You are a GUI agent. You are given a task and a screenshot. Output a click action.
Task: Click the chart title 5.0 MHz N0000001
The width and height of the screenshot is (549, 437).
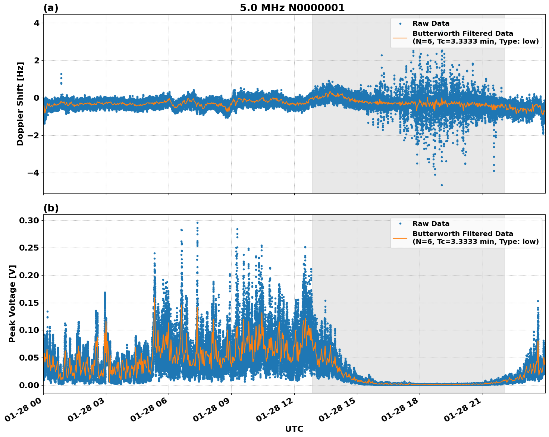click(292, 8)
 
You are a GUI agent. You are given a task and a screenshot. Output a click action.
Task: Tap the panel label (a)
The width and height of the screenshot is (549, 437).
click(51, 8)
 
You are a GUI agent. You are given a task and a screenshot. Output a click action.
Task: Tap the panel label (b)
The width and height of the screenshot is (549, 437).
click(51, 208)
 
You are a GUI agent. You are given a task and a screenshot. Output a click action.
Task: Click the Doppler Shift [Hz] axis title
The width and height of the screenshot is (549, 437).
click(20, 104)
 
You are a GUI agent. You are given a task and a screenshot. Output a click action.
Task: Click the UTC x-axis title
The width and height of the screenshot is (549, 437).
click(294, 429)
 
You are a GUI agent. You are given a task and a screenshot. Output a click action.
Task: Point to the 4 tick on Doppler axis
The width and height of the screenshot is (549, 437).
click(37, 23)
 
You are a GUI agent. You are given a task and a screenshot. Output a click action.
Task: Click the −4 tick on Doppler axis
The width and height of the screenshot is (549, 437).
click(34, 173)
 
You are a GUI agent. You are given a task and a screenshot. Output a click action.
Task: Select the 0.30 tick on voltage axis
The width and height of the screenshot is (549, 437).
click(29, 220)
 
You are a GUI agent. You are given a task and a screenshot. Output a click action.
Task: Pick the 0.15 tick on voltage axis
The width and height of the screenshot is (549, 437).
click(29, 303)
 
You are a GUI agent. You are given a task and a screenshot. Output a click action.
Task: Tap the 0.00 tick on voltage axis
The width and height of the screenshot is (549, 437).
click(29, 385)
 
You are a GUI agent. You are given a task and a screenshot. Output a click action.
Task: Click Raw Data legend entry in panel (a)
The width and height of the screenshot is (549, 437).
click(431, 23)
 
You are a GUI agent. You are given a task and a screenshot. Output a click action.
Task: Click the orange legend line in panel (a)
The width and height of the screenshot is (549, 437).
click(400, 38)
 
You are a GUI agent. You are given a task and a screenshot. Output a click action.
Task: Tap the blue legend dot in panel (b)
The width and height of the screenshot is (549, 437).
click(400, 224)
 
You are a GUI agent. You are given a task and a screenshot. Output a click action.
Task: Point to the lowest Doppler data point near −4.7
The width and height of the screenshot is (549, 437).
click(442, 185)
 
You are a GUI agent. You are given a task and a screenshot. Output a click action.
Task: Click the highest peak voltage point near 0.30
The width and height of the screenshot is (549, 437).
click(197, 223)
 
